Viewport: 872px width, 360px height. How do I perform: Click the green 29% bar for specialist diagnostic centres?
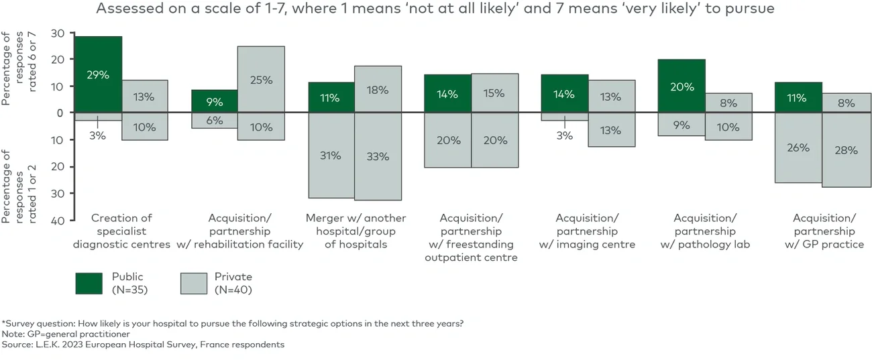click(98, 74)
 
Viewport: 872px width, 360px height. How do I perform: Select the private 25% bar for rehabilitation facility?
click(261, 79)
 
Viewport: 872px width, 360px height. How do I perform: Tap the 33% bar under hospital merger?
click(378, 156)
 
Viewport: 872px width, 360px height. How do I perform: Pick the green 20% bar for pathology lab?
click(682, 86)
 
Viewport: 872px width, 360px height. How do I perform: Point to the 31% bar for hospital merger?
click(331, 156)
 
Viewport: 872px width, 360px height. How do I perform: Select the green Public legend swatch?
click(89, 283)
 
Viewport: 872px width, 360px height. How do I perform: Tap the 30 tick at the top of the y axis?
click(57, 33)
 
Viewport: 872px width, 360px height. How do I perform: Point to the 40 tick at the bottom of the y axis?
click(57, 220)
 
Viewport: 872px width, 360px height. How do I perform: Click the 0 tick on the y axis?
click(60, 113)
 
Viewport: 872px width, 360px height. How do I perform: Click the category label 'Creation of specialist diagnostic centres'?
click(121, 231)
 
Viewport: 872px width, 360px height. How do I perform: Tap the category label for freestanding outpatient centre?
click(472, 238)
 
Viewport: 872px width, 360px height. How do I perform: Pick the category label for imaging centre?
click(587, 231)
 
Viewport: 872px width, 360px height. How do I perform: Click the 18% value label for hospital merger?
click(378, 91)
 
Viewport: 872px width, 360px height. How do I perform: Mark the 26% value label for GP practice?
click(798, 148)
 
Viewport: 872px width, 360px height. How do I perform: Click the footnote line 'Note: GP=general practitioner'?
click(66, 334)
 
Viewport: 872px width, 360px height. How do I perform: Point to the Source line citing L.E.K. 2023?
click(144, 345)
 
